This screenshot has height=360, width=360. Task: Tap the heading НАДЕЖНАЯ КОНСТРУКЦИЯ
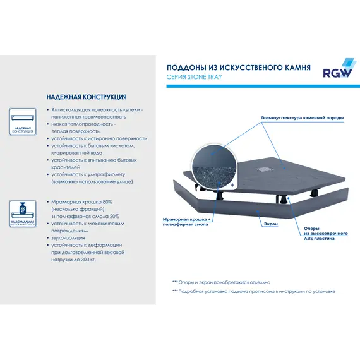click(x=87, y=97)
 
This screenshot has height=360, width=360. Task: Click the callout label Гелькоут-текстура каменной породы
click(x=302, y=119)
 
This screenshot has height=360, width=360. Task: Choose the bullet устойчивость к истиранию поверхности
click(x=99, y=138)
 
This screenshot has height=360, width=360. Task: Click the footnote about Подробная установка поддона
click(x=253, y=292)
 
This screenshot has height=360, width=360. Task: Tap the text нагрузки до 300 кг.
click(x=73, y=260)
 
